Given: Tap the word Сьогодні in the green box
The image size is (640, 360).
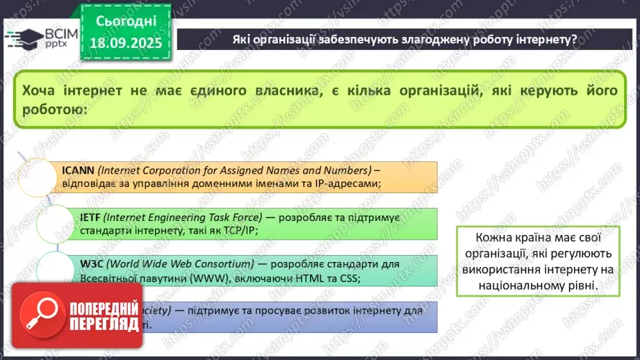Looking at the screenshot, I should pyautogui.click(x=126, y=22).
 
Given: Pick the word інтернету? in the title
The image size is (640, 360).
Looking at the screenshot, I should pyautogui.click(x=544, y=40).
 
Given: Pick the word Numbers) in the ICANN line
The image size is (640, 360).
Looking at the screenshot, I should pyautogui.click(x=345, y=169).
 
